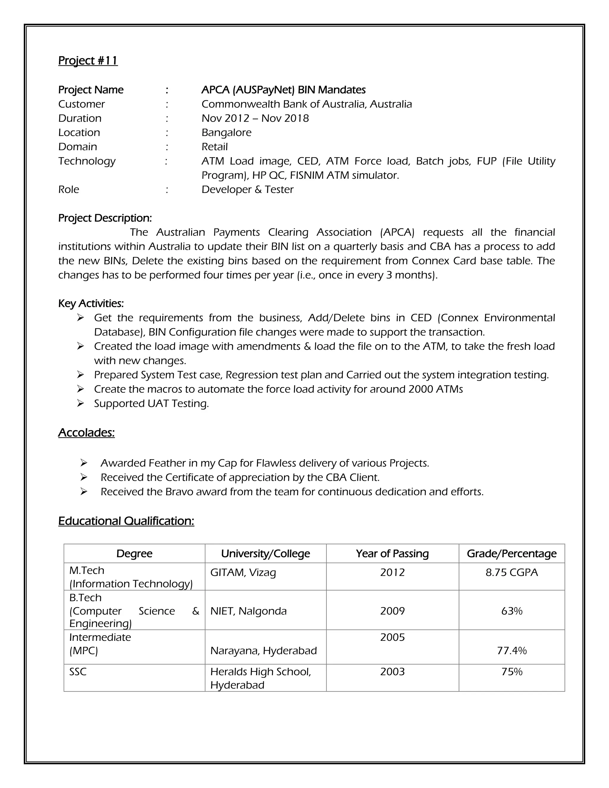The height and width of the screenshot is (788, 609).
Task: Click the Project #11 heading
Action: pos(88,60)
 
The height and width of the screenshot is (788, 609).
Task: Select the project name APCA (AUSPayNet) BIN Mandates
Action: pos(283,90)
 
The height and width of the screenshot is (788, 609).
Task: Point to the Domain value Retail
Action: pos(214,147)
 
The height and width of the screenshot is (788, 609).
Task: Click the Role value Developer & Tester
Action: pos(247,189)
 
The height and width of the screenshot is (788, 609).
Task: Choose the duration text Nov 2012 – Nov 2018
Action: pos(255,118)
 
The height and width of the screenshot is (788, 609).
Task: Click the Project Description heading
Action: pos(105,218)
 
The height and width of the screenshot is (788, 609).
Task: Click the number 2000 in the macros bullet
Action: pos(420,389)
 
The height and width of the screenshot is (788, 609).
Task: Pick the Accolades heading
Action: pos(86,432)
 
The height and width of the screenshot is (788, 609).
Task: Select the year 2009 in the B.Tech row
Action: pos(392,611)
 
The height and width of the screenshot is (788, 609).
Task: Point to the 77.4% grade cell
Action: pos(511,651)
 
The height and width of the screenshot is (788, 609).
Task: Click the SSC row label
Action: pos(78,671)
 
